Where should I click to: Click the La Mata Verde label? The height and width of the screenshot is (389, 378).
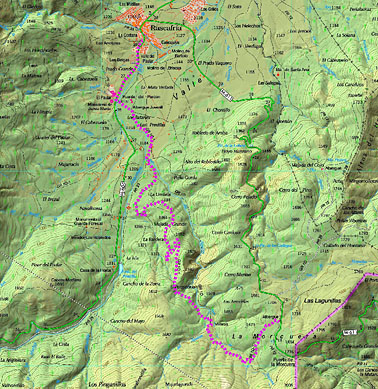click(153, 87)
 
